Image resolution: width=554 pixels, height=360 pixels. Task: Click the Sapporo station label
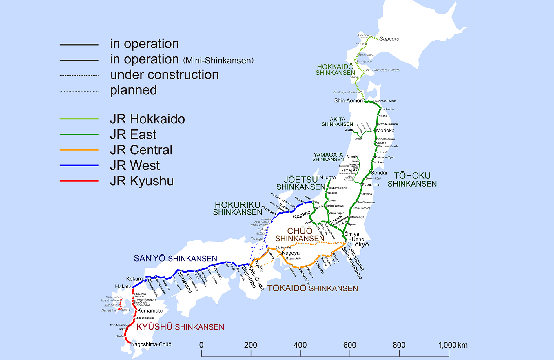click(389, 39)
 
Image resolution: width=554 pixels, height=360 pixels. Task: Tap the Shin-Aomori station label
click(348, 100)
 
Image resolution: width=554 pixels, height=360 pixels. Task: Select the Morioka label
click(385, 131)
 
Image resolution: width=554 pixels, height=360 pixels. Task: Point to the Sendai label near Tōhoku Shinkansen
click(379, 173)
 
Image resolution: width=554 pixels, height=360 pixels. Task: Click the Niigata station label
click(327, 178)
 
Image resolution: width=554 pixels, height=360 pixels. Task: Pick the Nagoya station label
click(291, 253)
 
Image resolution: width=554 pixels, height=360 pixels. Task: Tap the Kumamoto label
click(150, 311)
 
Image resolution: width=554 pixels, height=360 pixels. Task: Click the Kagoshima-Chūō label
click(151, 344)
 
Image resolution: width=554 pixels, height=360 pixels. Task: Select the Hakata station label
click(123, 286)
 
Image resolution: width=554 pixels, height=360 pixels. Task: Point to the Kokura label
click(134, 279)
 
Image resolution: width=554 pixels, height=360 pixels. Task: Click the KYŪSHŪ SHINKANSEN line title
click(180, 327)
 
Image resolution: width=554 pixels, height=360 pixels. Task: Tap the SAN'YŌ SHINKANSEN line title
click(175, 258)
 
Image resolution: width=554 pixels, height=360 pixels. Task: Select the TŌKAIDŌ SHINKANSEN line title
click(312, 288)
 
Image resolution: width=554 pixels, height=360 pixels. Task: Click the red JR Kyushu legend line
click(79, 181)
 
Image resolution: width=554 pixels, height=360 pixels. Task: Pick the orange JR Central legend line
click(79, 150)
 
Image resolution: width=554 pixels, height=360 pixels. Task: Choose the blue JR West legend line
click(79, 165)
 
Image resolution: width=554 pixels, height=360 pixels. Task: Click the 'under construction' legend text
click(164, 75)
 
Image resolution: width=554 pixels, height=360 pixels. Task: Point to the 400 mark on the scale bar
click(300, 345)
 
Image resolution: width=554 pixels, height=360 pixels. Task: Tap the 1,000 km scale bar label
click(453, 345)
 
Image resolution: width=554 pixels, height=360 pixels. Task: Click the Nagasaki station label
click(109, 310)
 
